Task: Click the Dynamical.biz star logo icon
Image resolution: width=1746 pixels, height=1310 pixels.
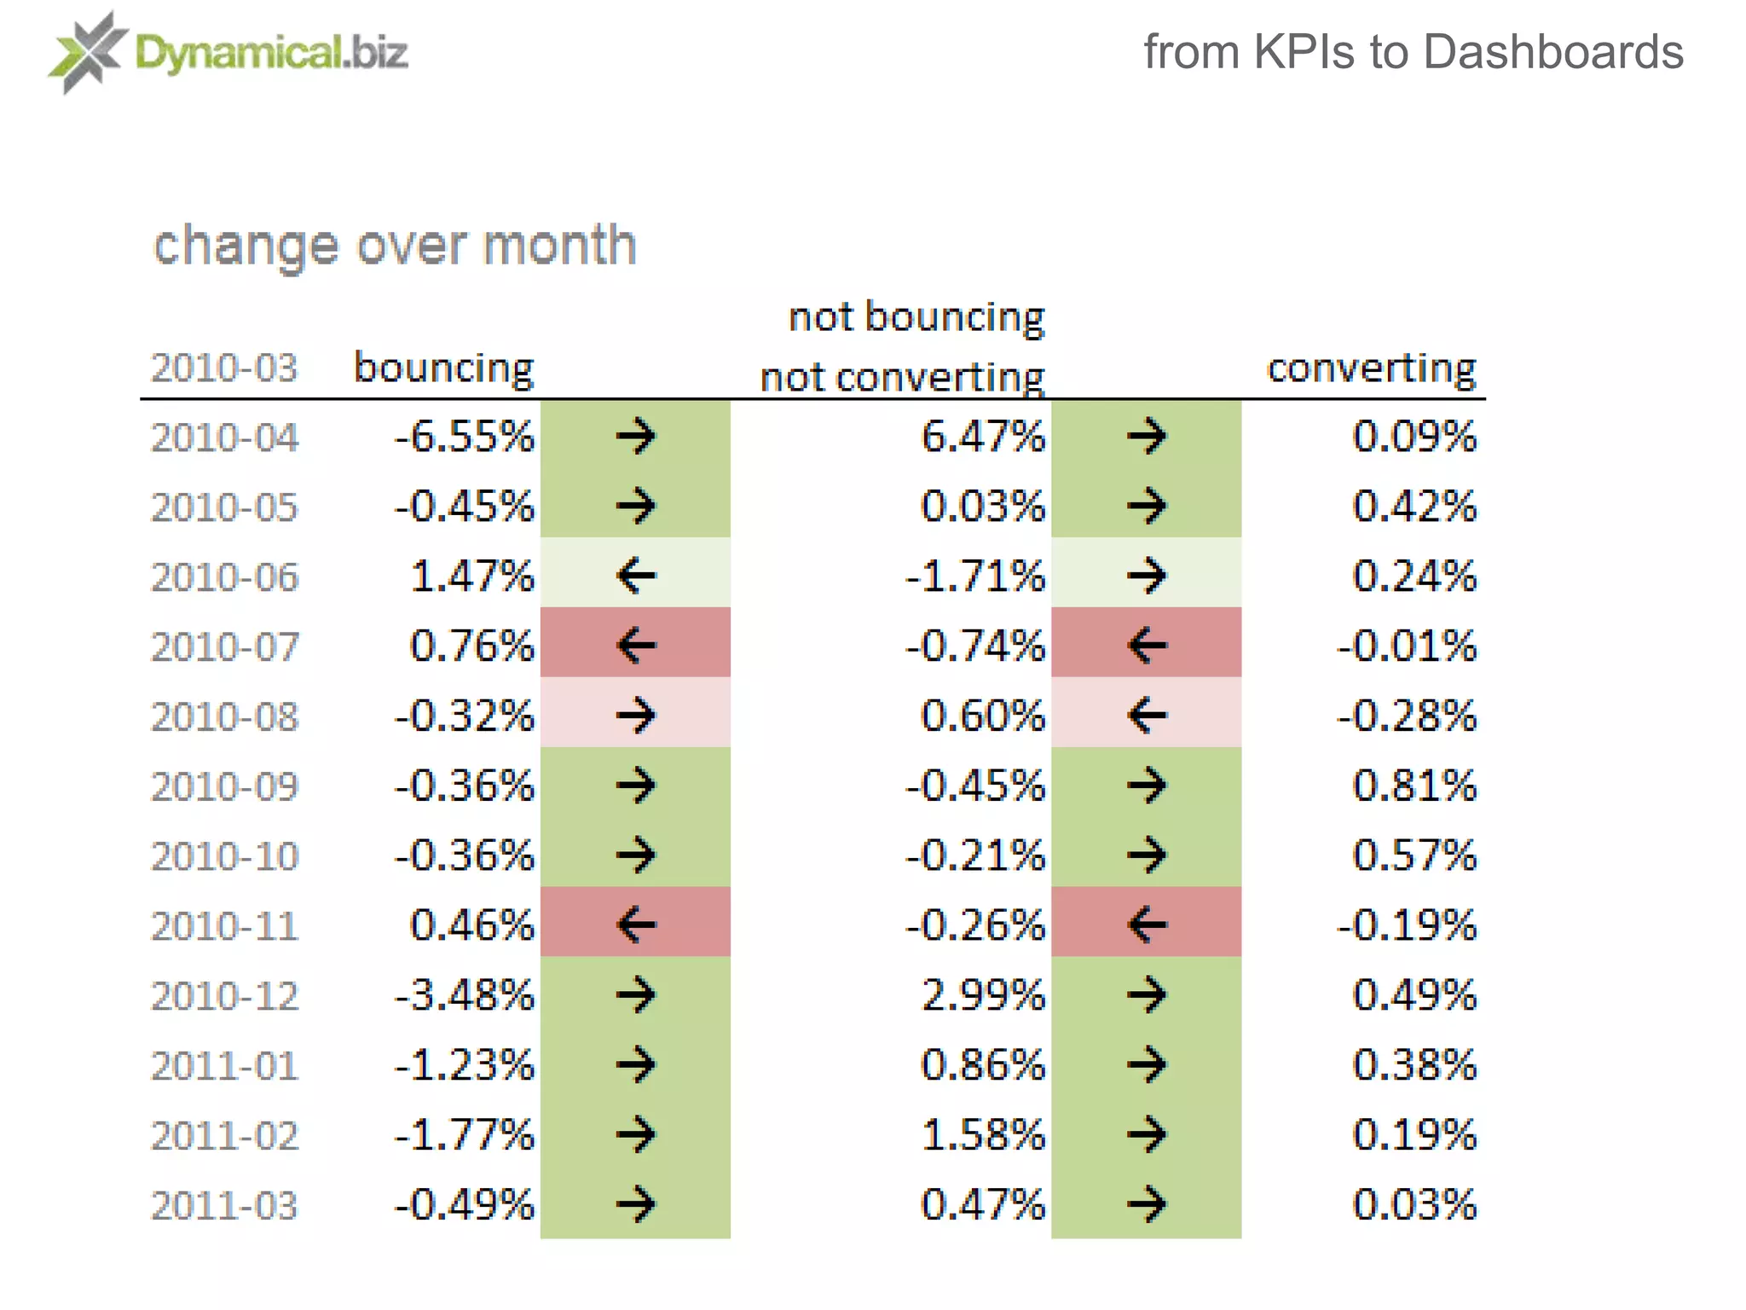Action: tap(85, 52)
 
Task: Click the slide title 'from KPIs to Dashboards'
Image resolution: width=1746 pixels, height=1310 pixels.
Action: tap(1413, 52)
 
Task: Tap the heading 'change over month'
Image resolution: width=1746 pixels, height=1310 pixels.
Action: tap(395, 246)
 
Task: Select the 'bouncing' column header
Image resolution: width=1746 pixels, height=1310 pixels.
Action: tap(443, 368)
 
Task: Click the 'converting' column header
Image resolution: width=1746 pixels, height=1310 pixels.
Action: tap(1371, 368)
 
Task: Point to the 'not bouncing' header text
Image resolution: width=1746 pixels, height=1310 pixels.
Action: tap(916, 317)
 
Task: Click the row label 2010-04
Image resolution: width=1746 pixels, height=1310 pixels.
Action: tap(225, 438)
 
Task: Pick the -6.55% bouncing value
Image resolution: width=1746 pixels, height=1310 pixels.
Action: tap(465, 437)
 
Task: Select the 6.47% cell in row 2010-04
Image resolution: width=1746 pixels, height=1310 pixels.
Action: tap(982, 437)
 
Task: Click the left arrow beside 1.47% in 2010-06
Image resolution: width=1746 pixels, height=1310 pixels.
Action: tap(636, 576)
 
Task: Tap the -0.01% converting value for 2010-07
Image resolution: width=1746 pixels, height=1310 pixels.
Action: tap(1406, 646)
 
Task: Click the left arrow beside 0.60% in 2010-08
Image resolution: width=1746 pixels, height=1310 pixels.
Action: tap(1147, 715)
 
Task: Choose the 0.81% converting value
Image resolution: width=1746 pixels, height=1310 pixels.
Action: tap(1414, 785)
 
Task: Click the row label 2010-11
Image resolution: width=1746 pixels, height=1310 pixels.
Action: tap(225, 926)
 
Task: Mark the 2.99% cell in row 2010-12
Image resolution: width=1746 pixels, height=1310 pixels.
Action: tap(982, 995)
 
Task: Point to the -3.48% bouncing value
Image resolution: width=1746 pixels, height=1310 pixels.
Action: tap(465, 995)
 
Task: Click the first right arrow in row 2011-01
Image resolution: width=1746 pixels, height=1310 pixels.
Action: tap(636, 1064)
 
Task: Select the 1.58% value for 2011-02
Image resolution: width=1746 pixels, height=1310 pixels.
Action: tap(982, 1135)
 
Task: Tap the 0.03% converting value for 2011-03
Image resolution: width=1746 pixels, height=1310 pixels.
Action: tap(1414, 1205)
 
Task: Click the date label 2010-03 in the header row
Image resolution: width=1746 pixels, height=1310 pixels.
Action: tap(225, 368)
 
